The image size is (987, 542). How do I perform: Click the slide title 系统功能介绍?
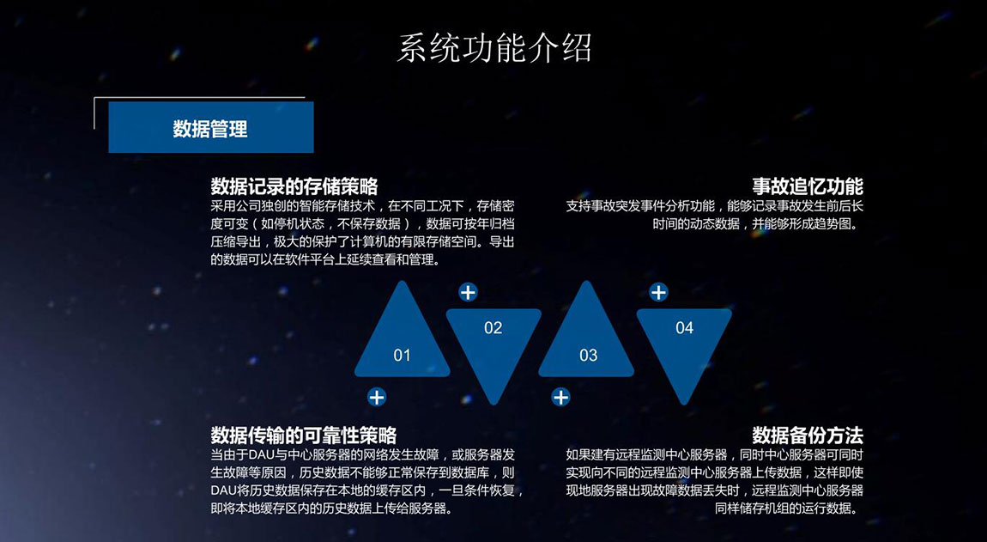[x=494, y=48]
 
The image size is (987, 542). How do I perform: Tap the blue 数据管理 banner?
[x=211, y=127]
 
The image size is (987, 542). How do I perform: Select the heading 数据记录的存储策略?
[x=294, y=186]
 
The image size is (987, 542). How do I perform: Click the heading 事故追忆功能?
[x=808, y=186]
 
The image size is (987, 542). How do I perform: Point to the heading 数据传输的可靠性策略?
[x=304, y=435]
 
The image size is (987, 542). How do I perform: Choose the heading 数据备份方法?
[x=808, y=435]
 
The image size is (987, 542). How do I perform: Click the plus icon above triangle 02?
[x=468, y=292]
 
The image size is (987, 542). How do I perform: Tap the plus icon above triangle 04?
[x=658, y=292]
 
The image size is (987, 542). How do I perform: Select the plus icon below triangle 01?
[x=377, y=397]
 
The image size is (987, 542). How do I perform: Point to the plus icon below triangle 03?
[x=560, y=397]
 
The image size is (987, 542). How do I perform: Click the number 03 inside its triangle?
[x=589, y=356]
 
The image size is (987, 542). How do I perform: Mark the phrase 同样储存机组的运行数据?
[x=785, y=508]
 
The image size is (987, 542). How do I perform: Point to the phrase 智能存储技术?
[x=332, y=206]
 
